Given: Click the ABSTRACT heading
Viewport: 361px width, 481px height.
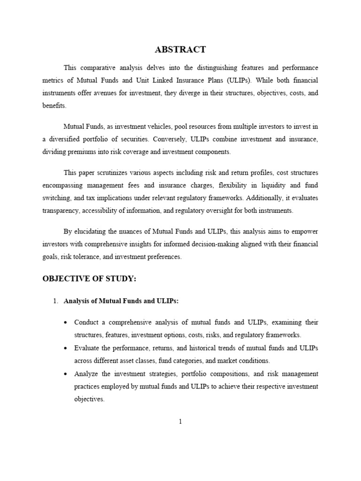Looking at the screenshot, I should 180,49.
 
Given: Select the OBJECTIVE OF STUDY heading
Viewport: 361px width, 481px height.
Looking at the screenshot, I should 89,279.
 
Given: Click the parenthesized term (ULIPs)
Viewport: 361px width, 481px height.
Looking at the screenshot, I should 238,80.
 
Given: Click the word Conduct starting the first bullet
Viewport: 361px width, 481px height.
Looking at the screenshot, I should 88,322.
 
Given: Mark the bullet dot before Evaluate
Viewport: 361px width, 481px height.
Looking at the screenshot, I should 66,349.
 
